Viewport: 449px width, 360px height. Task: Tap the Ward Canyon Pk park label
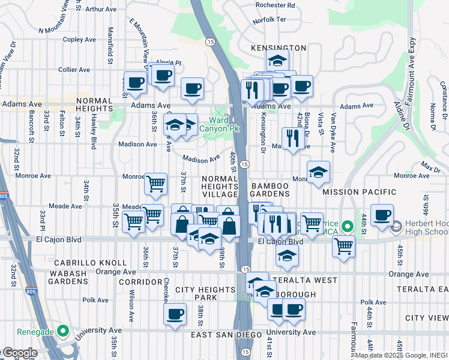(x=228, y=124)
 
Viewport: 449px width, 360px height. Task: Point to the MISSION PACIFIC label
(x=359, y=192)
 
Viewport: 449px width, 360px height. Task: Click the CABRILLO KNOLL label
(x=89, y=263)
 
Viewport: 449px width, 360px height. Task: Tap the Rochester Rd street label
(x=275, y=5)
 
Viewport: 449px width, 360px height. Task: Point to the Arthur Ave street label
(x=101, y=10)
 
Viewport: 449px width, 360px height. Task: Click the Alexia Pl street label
(x=169, y=62)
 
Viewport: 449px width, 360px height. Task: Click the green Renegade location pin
(x=62, y=331)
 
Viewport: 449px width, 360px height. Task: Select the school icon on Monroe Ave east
(x=318, y=172)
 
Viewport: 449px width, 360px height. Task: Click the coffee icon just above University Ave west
(x=175, y=314)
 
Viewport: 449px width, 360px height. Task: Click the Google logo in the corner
(x=19, y=353)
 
